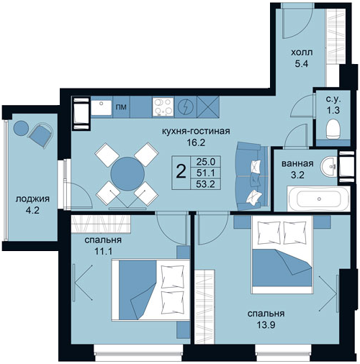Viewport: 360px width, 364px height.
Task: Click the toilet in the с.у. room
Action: (333, 129)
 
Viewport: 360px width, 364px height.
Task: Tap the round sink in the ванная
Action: (329, 165)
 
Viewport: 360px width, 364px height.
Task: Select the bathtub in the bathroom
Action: (318, 199)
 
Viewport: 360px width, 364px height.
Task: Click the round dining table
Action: (127, 174)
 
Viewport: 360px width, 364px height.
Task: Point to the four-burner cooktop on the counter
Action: (163, 106)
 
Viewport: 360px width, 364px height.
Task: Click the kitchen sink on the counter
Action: (102, 107)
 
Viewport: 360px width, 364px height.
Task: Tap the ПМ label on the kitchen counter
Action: (121, 107)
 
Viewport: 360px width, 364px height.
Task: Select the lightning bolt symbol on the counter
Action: (186, 106)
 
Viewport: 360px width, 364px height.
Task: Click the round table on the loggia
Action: (22, 128)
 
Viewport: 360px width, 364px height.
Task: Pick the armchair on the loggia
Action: (40, 135)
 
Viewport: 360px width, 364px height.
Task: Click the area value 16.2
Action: (196, 143)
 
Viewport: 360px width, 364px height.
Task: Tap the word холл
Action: (302, 53)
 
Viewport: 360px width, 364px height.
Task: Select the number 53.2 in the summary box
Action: (205, 184)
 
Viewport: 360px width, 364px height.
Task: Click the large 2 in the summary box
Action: (181, 172)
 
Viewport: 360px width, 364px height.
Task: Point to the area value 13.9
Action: (266, 325)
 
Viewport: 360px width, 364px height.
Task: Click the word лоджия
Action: (32, 199)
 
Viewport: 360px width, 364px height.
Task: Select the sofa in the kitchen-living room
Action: (253, 176)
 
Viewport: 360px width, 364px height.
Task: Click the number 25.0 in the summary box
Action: (205, 162)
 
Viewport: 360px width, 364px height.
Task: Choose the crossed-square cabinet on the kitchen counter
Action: (208, 107)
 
